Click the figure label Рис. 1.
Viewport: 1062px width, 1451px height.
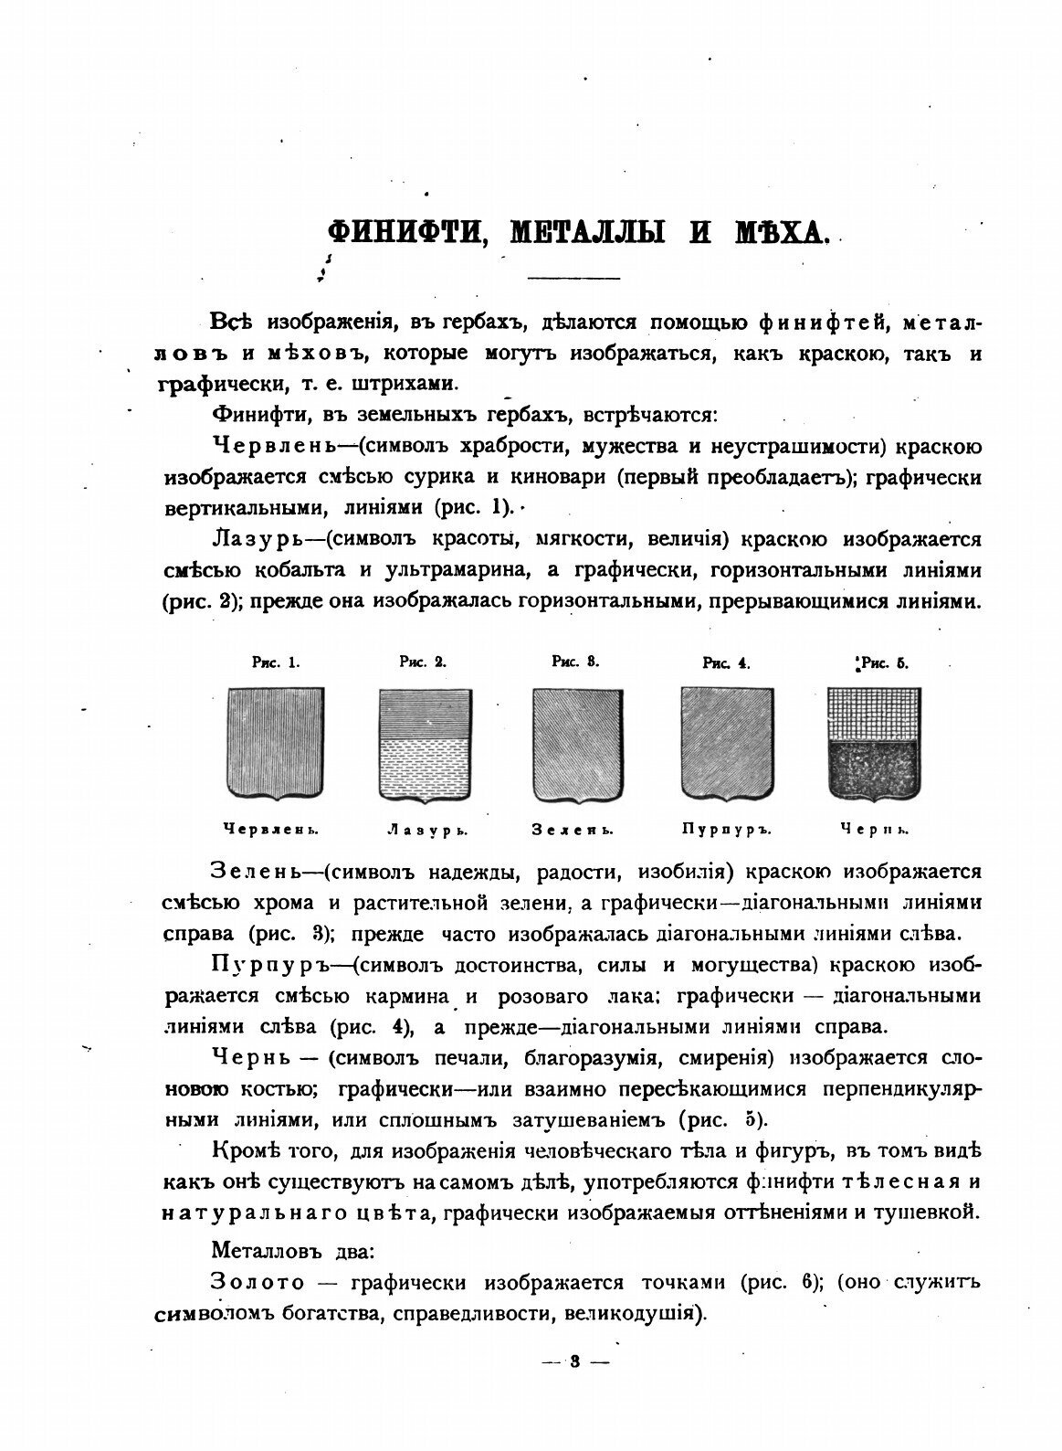[x=277, y=663]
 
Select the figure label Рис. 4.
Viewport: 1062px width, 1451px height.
[x=727, y=664]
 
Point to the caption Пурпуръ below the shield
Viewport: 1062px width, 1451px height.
[x=727, y=831]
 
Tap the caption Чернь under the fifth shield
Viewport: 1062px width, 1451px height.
[x=874, y=831]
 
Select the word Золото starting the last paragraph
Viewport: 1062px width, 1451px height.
[x=258, y=1282]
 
